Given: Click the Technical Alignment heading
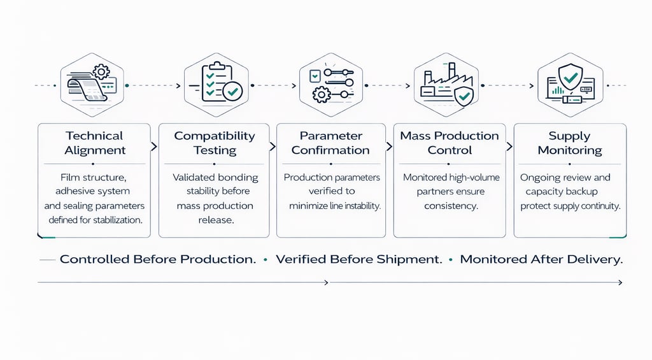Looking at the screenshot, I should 94,143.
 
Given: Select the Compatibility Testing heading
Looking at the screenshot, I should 215,143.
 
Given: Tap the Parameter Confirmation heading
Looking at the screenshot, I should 330,143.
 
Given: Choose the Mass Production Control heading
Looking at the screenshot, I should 450,143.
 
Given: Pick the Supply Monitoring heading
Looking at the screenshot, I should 569,143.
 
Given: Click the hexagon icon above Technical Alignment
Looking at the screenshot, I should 93,84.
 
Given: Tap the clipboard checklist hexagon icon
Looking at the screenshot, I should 213,84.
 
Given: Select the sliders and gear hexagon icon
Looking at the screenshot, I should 330,84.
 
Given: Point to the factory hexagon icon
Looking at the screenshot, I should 450,84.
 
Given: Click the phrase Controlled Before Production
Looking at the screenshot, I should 158,260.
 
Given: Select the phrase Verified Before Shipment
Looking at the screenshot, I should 360,260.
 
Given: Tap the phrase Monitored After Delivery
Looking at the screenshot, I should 541,260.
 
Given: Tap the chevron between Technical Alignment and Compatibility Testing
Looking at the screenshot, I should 154,147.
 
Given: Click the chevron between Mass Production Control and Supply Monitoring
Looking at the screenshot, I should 510,147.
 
